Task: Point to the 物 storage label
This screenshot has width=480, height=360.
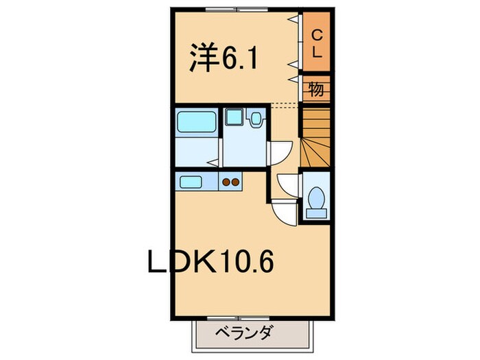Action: tap(316, 88)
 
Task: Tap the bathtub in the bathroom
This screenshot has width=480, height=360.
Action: tap(196, 122)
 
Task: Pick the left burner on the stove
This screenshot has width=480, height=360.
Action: tap(226, 182)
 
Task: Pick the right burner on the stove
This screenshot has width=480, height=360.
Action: tap(237, 182)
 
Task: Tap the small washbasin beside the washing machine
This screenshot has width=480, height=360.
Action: tap(256, 119)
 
